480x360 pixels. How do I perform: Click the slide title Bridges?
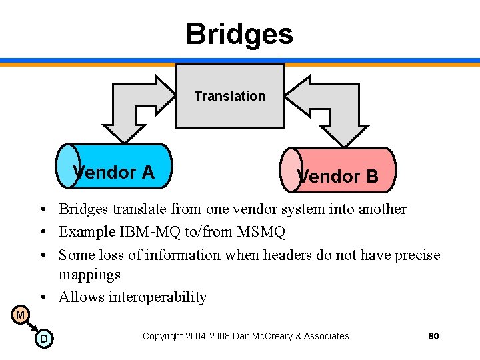pyautogui.click(x=239, y=33)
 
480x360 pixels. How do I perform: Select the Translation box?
pyautogui.click(x=230, y=96)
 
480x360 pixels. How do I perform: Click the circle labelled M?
pyautogui.click(x=21, y=315)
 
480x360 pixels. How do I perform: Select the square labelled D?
pyautogui.click(x=43, y=339)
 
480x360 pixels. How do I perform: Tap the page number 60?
pyautogui.click(x=433, y=336)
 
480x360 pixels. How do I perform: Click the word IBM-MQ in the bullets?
pyautogui.click(x=142, y=232)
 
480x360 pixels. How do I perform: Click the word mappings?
pyautogui.click(x=89, y=274)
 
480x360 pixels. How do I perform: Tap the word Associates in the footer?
pyautogui.click(x=326, y=336)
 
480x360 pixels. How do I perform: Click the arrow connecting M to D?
pyautogui.click(x=31, y=327)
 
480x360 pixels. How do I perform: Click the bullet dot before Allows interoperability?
pyautogui.click(x=42, y=297)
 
